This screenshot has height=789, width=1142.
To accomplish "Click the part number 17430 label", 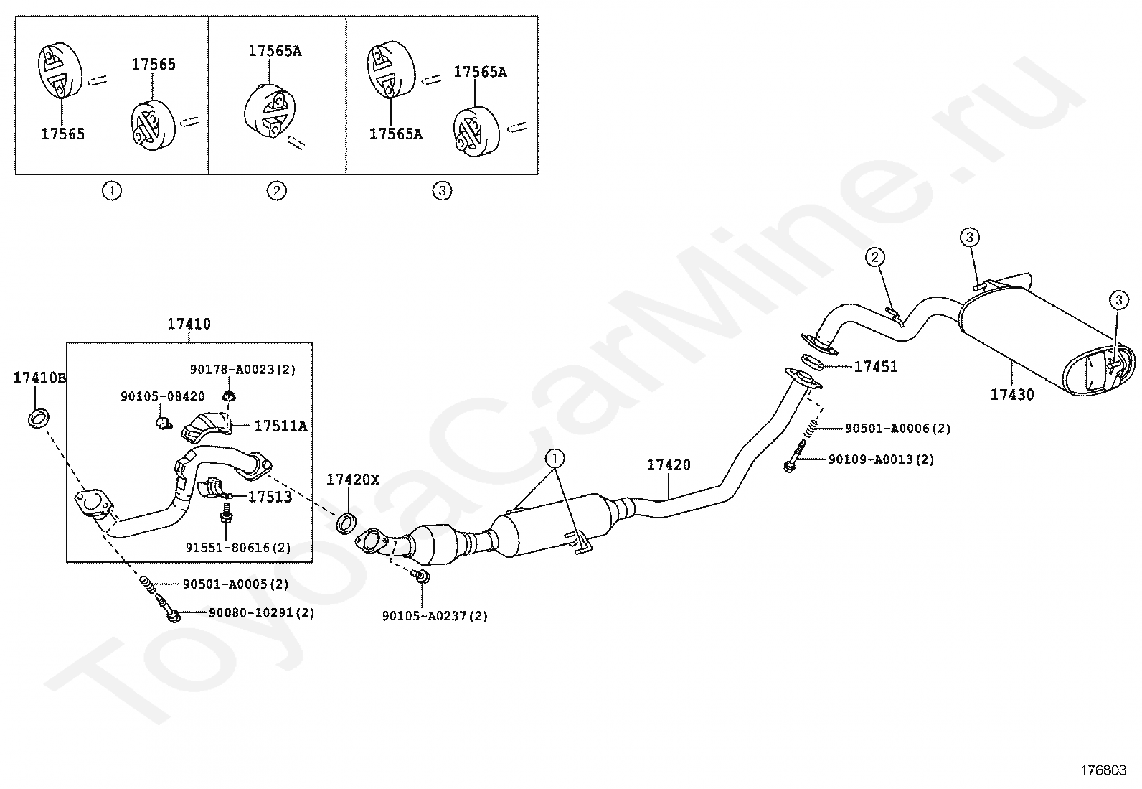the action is (1011, 395).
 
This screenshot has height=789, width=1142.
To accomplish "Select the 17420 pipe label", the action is (669, 465).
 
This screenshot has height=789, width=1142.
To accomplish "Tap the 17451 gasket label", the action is (875, 367).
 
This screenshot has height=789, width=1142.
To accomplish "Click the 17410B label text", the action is (39, 378).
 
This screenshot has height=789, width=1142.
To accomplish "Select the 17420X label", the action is (353, 480).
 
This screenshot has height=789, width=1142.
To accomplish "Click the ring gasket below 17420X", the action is (346, 523).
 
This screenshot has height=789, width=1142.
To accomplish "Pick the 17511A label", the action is (280, 426).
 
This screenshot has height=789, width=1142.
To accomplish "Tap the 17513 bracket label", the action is (270, 497).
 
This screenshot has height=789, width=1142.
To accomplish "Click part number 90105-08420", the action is (162, 396).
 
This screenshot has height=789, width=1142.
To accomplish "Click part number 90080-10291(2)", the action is (261, 613).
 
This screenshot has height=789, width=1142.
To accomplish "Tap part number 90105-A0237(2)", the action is (435, 616).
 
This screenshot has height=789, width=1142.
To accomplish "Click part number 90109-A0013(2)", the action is (881, 459).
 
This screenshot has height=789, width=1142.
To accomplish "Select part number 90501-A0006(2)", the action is (897, 429).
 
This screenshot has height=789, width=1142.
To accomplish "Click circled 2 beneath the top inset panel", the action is (276, 191).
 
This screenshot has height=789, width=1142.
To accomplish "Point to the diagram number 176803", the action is (1103, 770).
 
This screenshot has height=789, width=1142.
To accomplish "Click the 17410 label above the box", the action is (189, 325).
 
